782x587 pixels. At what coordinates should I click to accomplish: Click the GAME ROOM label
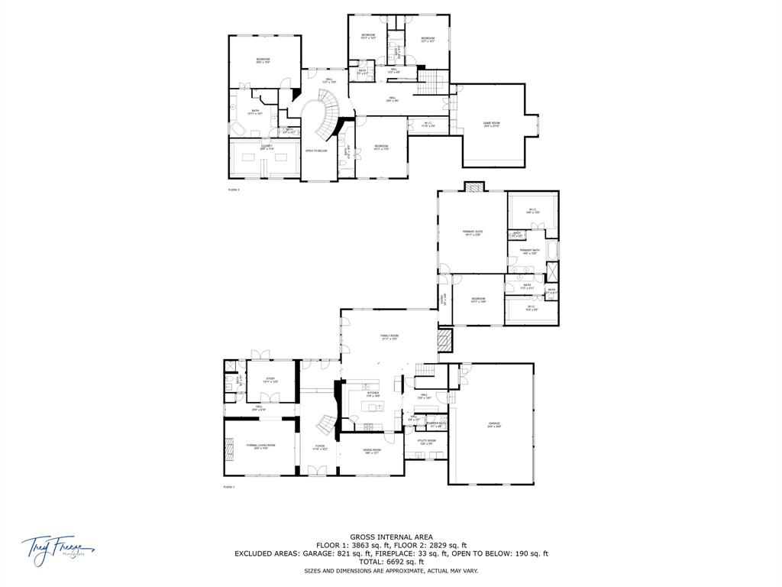click(491, 124)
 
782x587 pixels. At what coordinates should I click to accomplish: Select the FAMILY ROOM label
click(389, 336)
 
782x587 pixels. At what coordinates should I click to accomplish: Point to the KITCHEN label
click(373, 394)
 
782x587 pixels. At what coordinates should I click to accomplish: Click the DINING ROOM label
click(372, 450)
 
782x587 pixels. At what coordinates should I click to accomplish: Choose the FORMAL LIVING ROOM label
click(260, 446)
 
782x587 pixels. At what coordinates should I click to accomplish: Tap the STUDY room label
click(270, 379)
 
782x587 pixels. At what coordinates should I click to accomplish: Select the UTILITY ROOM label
click(426, 442)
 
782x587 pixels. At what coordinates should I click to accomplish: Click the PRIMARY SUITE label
click(473, 232)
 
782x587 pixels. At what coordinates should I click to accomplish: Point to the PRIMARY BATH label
click(530, 251)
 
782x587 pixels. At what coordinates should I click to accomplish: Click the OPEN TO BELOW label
click(316, 151)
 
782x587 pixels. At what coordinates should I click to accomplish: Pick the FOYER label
click(319, 447)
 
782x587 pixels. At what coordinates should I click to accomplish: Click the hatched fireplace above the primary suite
click(473, 186)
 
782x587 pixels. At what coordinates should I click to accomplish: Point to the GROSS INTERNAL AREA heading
click(391, 537)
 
